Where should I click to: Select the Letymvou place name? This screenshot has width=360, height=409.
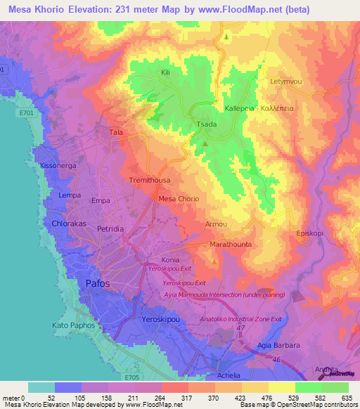click(286, 82)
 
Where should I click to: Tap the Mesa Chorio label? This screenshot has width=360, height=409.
click(179, 199)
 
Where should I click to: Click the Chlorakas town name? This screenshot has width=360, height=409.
click(69, 223)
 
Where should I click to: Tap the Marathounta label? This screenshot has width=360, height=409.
click(230, 245)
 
